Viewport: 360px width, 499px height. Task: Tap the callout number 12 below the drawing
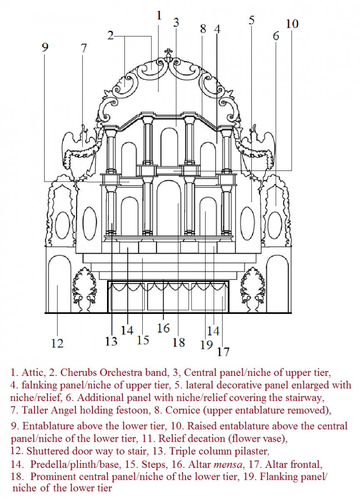pos(57,343)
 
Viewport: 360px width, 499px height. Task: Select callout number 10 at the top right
pos(292,24)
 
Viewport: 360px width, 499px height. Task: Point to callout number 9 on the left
pos(45,47)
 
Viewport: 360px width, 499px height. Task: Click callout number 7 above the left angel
pos(84,48)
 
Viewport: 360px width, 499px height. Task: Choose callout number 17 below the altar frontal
pos(223,351)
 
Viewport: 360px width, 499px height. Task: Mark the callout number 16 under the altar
pos(164,328)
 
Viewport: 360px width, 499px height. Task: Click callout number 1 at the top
pos(159,16)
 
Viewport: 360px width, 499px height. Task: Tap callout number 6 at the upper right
pos(276,36)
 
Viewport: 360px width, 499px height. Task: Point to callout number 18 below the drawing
pos(179,342)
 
